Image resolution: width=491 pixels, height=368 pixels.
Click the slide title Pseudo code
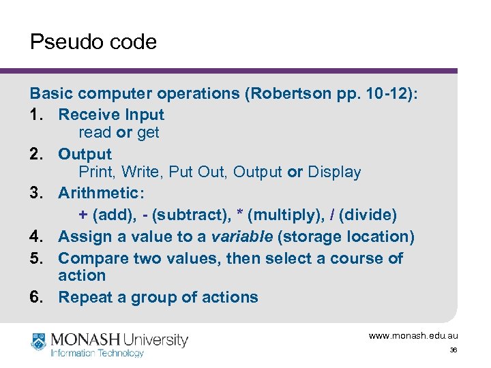pos(93,42)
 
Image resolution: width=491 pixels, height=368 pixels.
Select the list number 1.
pos(35,114)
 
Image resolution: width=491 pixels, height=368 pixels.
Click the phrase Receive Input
pos(111,114)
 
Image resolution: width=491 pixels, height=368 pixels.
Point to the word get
pos(148,132)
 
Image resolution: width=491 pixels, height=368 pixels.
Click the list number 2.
pos(36,154)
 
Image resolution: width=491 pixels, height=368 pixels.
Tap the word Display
pos(334,172)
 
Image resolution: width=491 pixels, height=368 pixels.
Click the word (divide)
pos(367,215)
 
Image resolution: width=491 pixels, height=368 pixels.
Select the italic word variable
pos(241,236)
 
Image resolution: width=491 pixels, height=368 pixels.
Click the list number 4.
pos(36,236)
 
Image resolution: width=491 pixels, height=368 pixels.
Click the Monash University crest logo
pos(40,343)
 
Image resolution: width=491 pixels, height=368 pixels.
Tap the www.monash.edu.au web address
pos(413,335)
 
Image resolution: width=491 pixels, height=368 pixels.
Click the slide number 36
pos(453,350)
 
